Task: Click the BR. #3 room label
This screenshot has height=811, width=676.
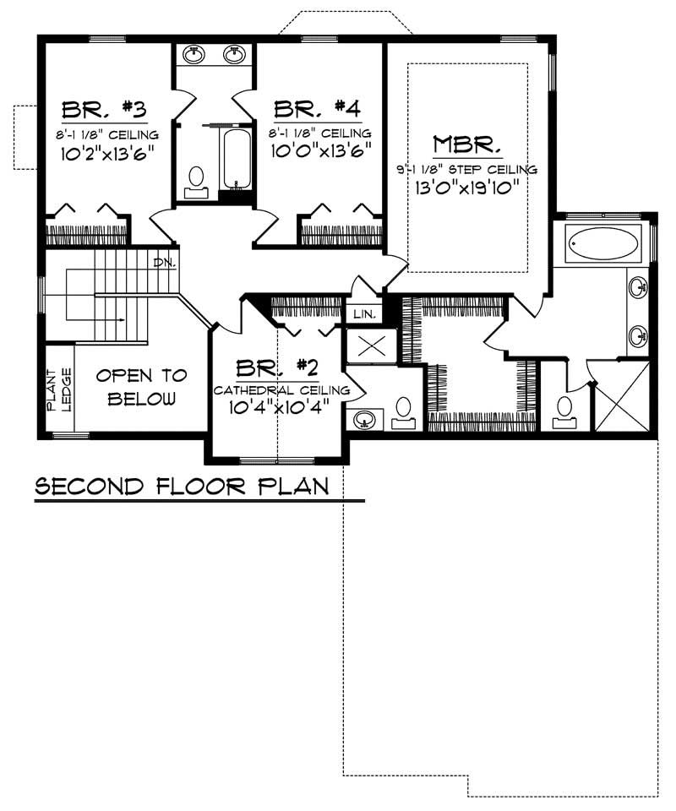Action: pos(106,110)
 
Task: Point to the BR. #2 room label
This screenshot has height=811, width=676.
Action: pos(276,368)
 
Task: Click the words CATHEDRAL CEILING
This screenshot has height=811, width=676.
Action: pos(281,390)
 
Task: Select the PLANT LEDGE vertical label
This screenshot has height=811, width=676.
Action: pos(58,390)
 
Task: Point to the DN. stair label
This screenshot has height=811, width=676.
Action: pos(164,263)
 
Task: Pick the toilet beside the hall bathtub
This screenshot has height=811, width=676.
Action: pos(196,180)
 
